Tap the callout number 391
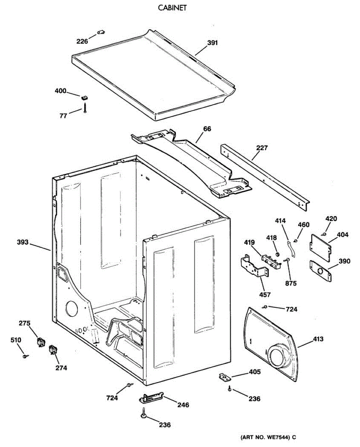click(x=212, y=43)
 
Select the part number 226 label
click(x=82, y=41)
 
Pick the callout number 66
click(x=207, y=129)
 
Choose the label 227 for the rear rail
click(x=262, y=148)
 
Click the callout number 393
click(x=23, y=242)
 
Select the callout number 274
click(x=61, y=368)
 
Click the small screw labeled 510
click(x=25, y=356)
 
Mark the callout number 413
click(x=318, y=339)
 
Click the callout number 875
click(x=291, y=283)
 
